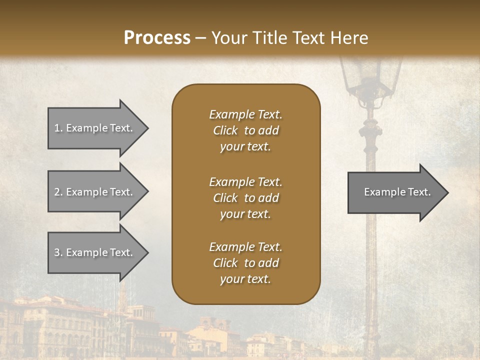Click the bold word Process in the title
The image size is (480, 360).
tap(157, 38)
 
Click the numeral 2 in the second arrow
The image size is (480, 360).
tap(57, 192)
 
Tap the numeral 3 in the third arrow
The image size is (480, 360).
tap(57, 252)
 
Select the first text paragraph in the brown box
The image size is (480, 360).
tap(245, 130)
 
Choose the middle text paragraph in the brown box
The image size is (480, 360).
tap(245, 198)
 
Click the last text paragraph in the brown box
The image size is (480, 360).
tap(245, 263)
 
